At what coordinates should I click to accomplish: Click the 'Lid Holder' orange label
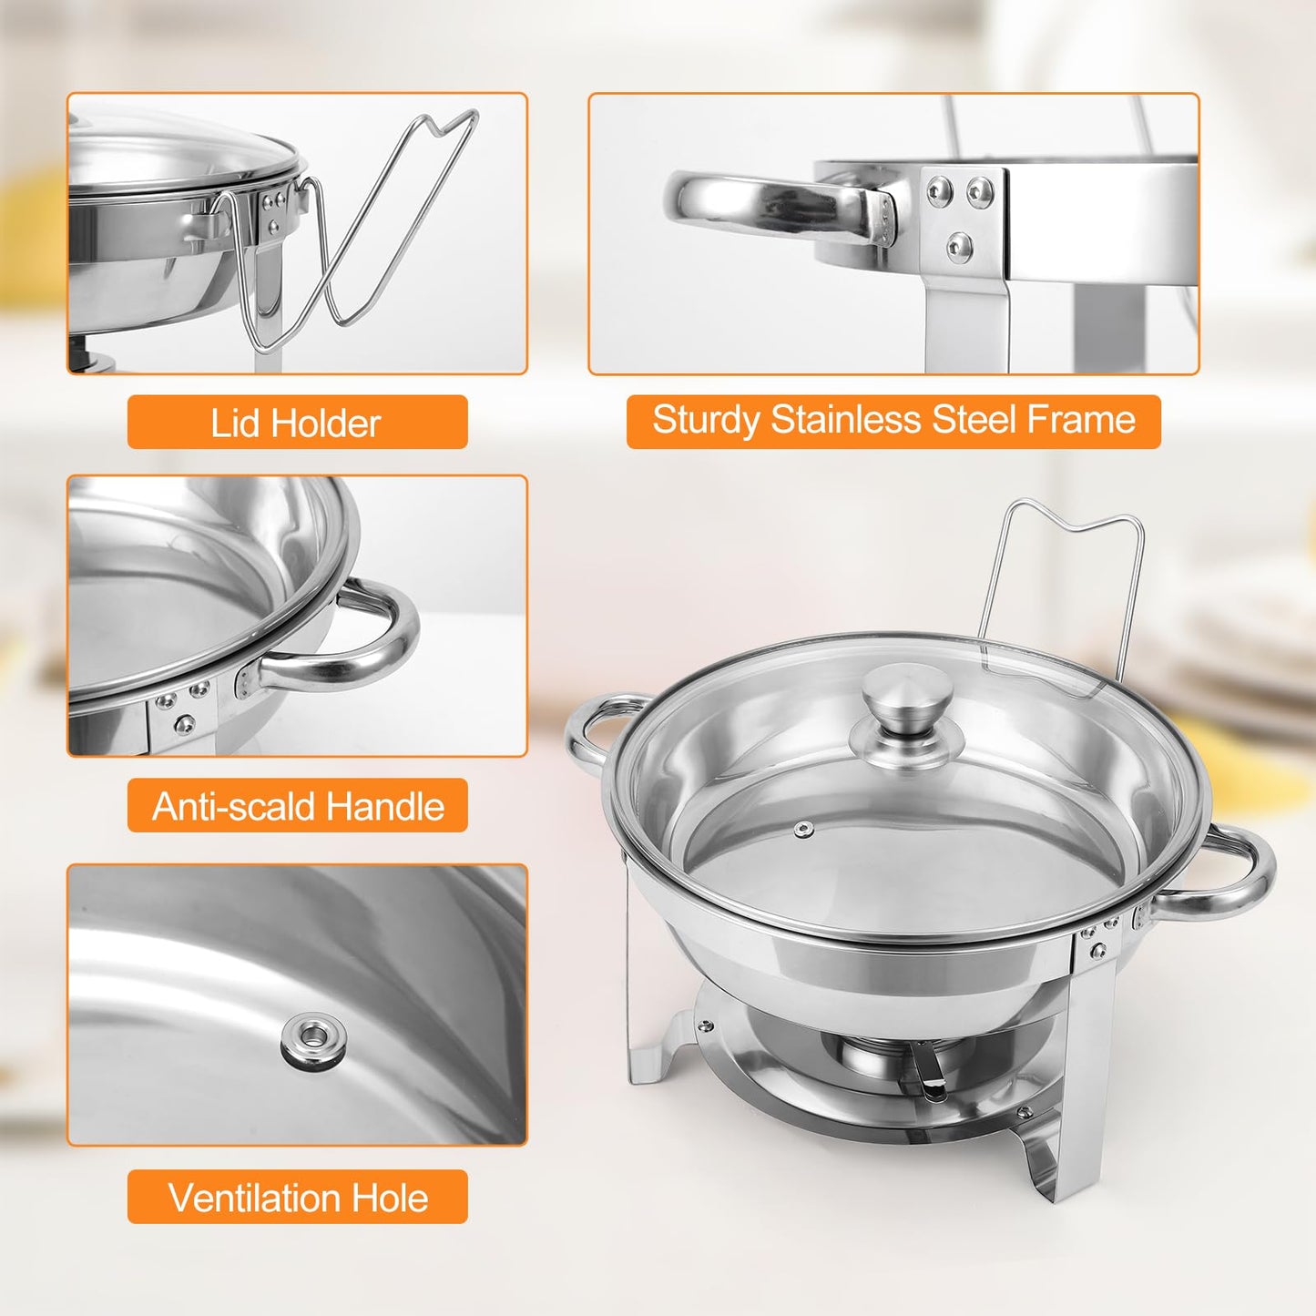[297, 423]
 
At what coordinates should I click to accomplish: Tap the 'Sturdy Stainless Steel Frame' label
[893, 421]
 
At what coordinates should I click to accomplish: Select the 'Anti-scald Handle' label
[297, 806]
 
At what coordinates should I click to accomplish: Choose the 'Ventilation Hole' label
[297, 1197]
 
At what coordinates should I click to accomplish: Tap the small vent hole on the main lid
[803, 829]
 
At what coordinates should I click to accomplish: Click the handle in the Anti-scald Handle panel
[364, 638]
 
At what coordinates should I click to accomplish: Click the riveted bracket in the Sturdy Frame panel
[962, 219]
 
